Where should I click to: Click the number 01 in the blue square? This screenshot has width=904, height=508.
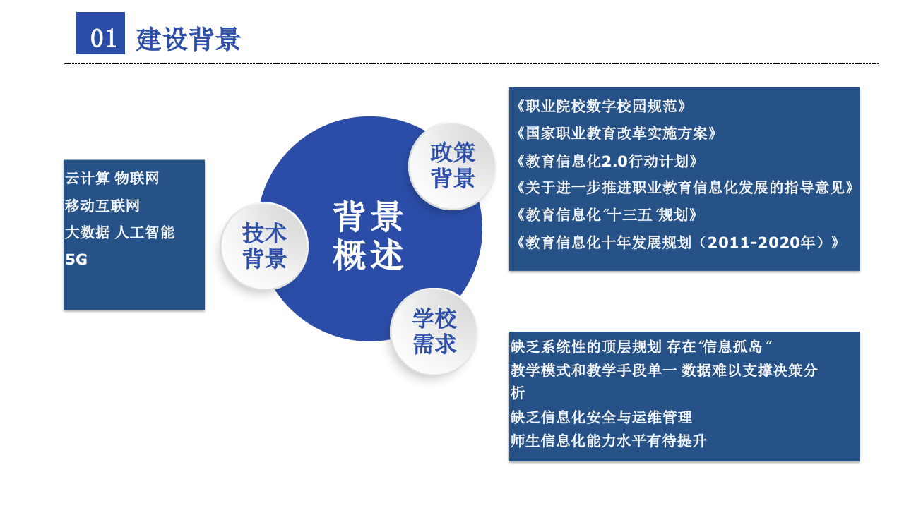click(103, 37)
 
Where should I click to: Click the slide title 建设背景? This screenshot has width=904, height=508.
click(188, 39)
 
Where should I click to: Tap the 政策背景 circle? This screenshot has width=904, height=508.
click(453, 165)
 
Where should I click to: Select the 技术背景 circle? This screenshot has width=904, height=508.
click(264, 246)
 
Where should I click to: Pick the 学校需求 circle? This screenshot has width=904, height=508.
click(434, 331)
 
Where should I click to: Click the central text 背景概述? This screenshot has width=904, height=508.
click(368, 236)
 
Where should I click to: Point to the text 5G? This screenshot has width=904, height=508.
click(76, 260)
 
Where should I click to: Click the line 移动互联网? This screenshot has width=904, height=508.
click(102, 205)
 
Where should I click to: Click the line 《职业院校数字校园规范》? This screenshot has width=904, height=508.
click(601, 107)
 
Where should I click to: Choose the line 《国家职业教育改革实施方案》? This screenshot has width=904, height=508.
click(616, 133)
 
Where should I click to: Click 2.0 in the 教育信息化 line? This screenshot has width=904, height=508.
click(614, 161)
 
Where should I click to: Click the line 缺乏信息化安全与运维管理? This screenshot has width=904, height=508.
click(601, 417)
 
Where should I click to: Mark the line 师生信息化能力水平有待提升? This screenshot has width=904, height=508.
click(608, 441)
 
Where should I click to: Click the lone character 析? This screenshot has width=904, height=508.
click(517, 394)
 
